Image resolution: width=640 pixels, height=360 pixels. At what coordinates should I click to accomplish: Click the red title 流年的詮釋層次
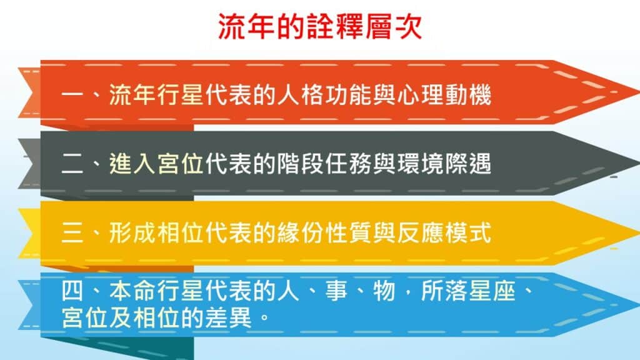320,27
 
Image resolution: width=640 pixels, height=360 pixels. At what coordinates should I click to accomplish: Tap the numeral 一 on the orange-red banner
72,95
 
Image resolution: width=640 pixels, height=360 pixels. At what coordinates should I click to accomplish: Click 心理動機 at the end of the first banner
444,95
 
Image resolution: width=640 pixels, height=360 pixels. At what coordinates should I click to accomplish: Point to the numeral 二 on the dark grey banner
72,164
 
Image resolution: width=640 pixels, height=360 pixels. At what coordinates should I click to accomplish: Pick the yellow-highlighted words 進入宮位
156,164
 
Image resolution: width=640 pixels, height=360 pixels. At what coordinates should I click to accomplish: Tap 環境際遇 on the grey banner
444,164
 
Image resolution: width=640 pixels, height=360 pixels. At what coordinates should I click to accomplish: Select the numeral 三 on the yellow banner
72,234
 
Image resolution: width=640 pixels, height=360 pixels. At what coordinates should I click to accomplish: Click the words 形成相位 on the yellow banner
156,233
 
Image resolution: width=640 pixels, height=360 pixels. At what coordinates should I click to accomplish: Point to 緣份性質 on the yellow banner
325,233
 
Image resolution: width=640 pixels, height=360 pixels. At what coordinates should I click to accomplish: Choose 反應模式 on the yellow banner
444,233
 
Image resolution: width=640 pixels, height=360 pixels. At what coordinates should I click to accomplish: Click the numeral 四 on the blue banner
72,291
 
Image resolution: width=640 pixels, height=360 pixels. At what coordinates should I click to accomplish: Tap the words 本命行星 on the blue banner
156,291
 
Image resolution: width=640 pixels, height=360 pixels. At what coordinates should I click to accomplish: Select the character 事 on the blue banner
336,291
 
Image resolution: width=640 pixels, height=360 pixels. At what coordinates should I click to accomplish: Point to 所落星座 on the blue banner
468,291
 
